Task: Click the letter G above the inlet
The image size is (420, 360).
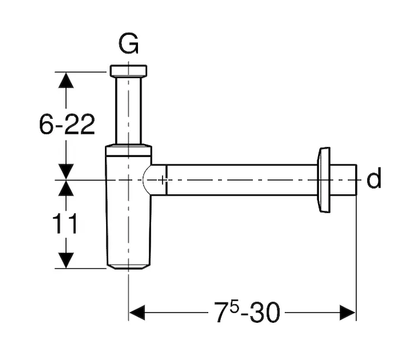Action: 128,44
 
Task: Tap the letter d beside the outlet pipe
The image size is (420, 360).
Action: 374,178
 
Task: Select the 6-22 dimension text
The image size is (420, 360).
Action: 67,124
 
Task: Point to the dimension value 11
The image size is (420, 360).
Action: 64,223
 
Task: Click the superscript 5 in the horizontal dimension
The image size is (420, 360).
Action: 235,307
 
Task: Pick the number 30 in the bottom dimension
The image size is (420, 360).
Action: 265,313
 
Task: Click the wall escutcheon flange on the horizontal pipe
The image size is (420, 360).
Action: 323,180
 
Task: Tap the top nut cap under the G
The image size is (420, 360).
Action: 128,71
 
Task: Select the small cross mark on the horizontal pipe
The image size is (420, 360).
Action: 163,180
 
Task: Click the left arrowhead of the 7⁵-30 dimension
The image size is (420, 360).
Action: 137,313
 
